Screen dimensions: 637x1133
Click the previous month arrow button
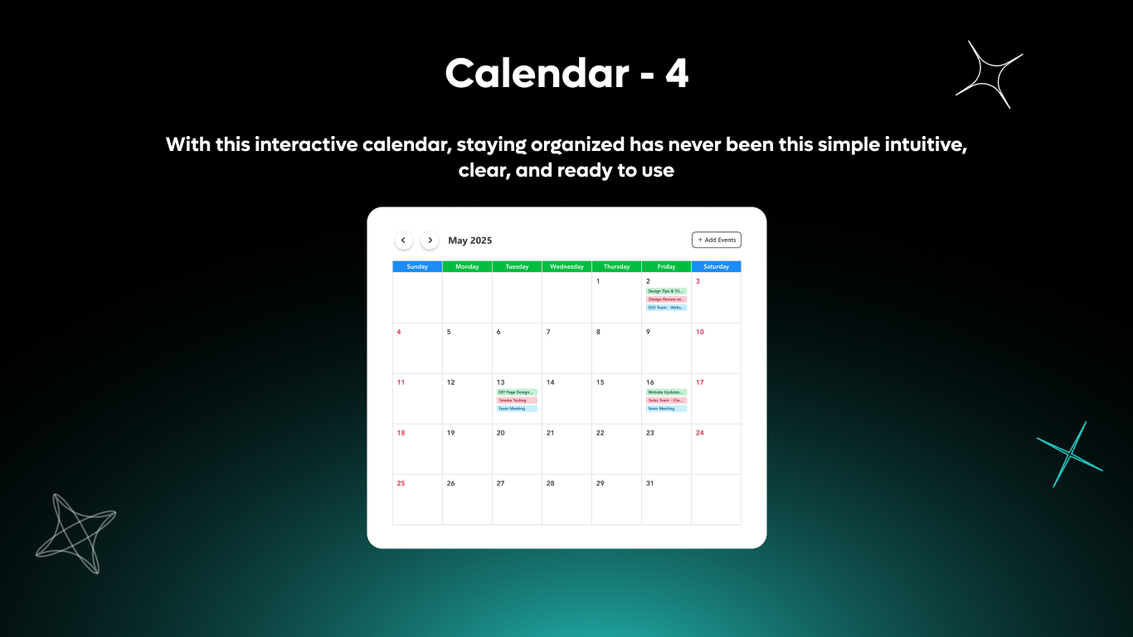[x=403, y=241]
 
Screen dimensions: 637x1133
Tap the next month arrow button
[x=430, y=241]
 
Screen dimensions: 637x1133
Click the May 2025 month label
[x=469, y=241]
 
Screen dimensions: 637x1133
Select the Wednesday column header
[x=566, y=267]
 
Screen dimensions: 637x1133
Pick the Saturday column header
[x=716, y=267]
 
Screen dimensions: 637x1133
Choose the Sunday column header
[x=417, y=267]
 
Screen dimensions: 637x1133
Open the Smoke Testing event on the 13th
[x=517, y=401]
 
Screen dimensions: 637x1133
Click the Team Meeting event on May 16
[x=666, y=409]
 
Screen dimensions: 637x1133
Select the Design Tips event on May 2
[x=666, y=291]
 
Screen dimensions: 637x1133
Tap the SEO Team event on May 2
[x=666, y=308]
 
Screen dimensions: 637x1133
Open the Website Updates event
[x=666, y=392]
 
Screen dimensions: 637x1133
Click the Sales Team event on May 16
[x=666, y=401]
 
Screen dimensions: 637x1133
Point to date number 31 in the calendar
[x=649, y=484]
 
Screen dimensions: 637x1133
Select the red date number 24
[x=699, y=433]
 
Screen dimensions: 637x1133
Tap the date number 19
[x=450, y=433]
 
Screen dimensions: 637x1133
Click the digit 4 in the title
[x=676, y=75]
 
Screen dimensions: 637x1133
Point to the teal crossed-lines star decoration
[x=1070, y=454]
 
